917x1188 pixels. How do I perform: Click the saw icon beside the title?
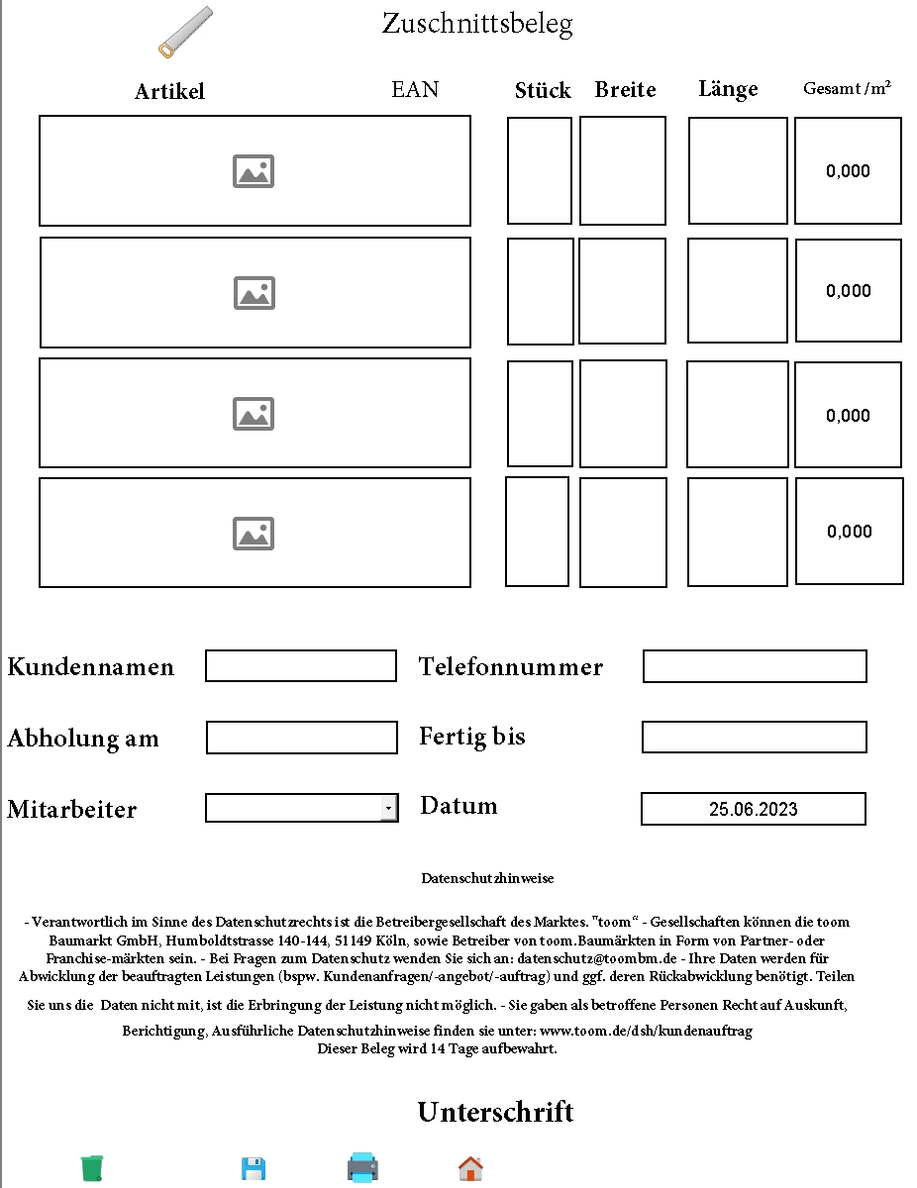click(185, 32)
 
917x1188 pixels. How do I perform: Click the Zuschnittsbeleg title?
click(477, 24)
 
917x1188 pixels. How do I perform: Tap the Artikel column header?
click(169, 92)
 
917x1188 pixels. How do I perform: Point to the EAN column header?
click(415, 90)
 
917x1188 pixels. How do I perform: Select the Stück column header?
click(543, 91)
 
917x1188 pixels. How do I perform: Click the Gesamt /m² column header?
click(847, 89)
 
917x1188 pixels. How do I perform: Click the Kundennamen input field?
click(301, 666)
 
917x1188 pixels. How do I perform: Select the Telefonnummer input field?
click(755, 666)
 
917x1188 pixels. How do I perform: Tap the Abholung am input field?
click(302, 738)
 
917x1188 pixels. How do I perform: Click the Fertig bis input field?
click(755, 737)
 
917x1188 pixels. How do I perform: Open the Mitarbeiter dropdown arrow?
click(389, 809)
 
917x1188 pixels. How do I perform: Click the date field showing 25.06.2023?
click(754, 809)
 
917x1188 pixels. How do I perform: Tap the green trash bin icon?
click(92, 1168)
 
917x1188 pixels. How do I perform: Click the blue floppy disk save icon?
click(254, 1169)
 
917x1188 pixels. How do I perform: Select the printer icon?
click(362, 1168)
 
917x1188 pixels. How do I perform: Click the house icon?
click(470, 1169)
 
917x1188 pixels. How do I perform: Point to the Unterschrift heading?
click(495, 1112)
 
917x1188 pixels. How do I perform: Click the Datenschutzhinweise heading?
click(487, 878)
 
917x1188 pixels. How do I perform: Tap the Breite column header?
click(625, 90)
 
